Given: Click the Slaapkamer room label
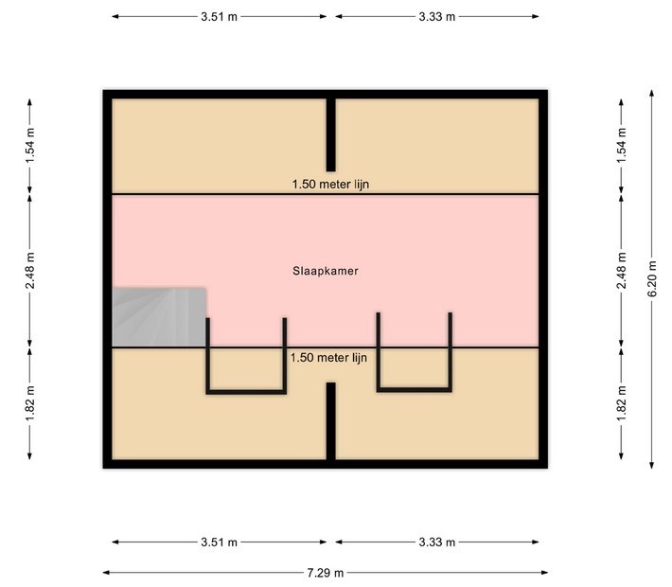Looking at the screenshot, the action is click(326, 271).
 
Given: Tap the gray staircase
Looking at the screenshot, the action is click(159, 317).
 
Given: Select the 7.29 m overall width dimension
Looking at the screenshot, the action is click(326, 573).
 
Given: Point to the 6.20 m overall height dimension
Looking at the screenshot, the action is click(652, 278).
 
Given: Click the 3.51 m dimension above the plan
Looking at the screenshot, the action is click(219, 17).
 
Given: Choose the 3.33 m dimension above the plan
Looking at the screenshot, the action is click(436, 17).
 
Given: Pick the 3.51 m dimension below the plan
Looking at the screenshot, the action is click(219, 542).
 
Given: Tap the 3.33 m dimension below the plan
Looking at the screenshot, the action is click(436, 542).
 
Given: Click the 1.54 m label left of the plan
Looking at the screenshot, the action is click(30, 146).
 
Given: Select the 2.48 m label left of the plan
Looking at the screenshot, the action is click(30, 271).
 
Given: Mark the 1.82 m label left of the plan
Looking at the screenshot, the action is click(30, 403).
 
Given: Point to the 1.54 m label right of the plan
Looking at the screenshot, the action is click(622, 146).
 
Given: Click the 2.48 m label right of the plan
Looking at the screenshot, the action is click(622, 271).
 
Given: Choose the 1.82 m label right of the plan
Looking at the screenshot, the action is click(622, 403).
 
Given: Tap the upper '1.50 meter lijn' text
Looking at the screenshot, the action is click(330, 185).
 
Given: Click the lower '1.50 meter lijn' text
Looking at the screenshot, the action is click(328, 358).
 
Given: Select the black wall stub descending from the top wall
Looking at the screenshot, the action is click(331, 134).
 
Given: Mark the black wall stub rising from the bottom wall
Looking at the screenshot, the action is click(331, 421).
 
